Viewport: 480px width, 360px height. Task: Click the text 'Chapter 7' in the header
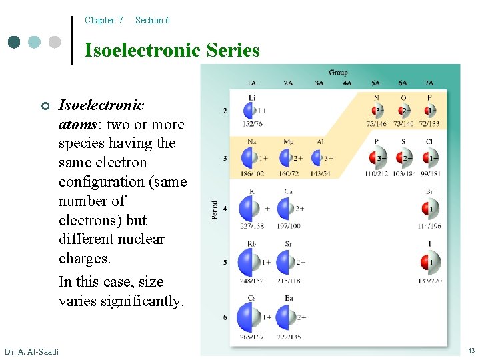103,21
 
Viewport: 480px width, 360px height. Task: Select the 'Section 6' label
152,21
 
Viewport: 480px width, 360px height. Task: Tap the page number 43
471,351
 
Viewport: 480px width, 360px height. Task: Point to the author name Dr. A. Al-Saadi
31,351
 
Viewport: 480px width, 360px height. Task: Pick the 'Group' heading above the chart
338,73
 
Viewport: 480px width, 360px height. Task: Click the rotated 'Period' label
215,211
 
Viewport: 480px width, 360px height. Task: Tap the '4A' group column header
347,83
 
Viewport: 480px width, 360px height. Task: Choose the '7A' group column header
429,83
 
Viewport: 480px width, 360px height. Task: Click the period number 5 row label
225,263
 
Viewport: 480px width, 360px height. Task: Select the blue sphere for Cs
250,317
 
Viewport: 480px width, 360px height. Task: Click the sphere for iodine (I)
430,263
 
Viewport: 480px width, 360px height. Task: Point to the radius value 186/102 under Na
251,174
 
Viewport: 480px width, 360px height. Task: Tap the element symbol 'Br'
429,192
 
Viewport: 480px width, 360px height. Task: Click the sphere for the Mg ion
288,158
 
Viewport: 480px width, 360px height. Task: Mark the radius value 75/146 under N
376,124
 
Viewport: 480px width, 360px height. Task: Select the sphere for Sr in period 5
287,263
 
